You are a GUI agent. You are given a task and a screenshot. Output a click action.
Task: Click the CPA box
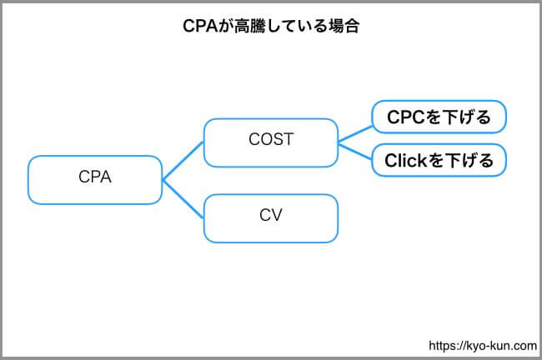[x=95, y=180]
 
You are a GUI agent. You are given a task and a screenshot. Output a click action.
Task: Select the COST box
[x=271, y=142]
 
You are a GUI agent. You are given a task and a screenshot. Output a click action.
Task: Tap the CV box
[x=271, y=218]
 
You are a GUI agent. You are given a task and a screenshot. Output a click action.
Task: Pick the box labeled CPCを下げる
[x=439, y=117]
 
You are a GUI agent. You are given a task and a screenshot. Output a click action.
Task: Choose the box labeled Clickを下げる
[x=439, y=160]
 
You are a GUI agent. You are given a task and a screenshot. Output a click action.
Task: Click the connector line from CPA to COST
[x=183, y=161]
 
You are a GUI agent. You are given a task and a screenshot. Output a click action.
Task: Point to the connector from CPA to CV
[x=183, y=199]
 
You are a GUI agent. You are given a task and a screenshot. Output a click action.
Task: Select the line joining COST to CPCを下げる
[x=355, y=134]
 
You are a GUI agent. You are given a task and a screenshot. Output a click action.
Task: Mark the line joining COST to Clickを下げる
[x=355, y=152]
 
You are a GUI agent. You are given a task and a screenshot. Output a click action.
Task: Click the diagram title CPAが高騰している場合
[x=271, y=26]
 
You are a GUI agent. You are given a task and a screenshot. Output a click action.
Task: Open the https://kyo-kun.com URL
[x=483, y=346]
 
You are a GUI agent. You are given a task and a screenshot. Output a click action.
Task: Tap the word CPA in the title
[x=200, y=26]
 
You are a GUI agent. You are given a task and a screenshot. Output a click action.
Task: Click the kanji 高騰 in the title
[x=249, y=26]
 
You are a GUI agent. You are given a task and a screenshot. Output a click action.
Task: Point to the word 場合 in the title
[x=344, y=26]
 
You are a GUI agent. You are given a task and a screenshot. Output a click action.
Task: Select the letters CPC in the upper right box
[x=406, y=117]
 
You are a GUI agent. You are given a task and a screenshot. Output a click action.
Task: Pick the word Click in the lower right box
[x=406, y=161]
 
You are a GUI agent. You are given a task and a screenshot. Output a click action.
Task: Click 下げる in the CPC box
[x=466, y=117]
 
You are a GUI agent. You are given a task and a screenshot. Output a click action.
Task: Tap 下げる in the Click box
[x=469, y=161]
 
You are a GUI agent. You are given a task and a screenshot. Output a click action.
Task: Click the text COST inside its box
[x=271, y=139]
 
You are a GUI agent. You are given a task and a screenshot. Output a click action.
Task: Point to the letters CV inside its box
[x=271, y=215]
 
